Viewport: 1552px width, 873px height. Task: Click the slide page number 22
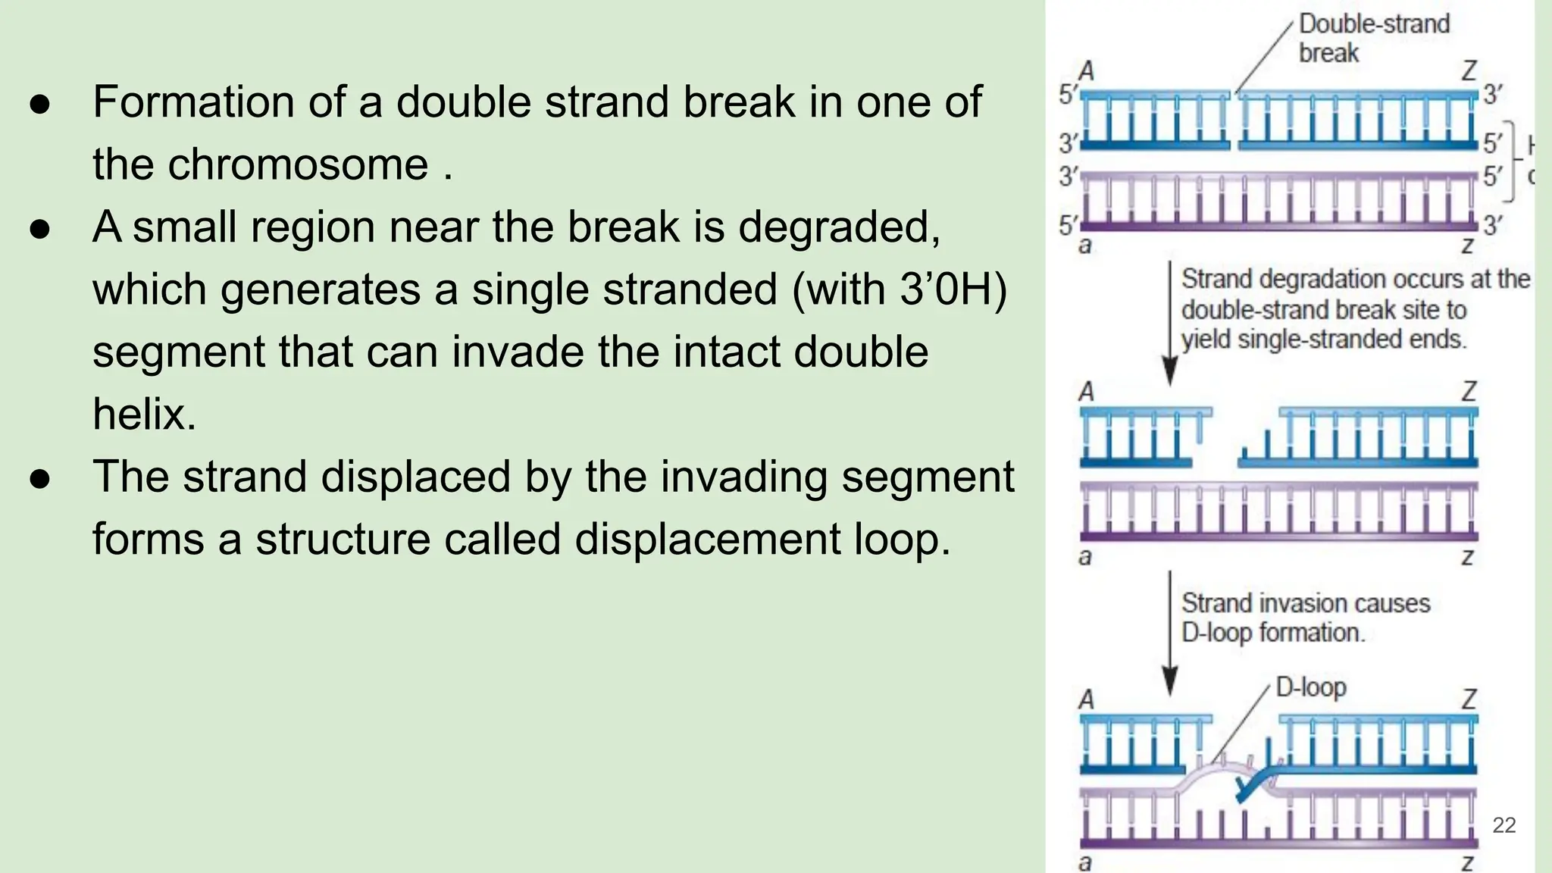[1503, 825]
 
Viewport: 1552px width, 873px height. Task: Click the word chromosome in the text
[298, 164]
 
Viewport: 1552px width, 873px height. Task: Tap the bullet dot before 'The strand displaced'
[40, 478]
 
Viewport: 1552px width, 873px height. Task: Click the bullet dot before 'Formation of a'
[40, 103]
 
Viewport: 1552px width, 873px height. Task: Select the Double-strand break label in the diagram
[1373, 38]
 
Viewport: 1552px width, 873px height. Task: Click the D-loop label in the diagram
[1311, 687]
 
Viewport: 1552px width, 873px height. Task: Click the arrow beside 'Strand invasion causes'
[1170, 634]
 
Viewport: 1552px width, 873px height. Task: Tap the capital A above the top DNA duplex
[1087, 71]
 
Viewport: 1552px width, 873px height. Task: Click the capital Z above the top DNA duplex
[1469, 71]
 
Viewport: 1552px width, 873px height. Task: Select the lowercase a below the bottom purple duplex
[1085, 862]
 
